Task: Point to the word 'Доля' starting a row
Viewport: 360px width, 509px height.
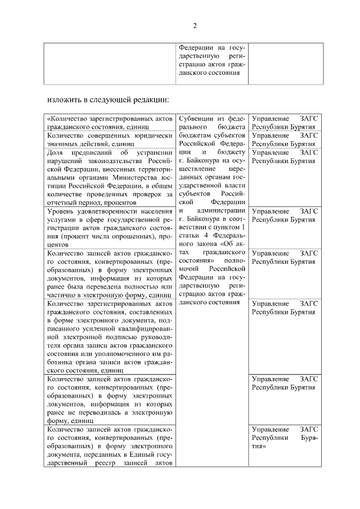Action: [x=56, y=152]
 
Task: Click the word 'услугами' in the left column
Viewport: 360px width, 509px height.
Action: [x=62, y=220]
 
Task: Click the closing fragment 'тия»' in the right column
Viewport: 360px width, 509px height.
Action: [x=259, y=447]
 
